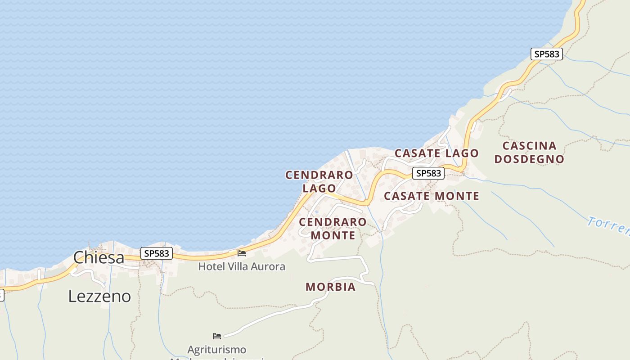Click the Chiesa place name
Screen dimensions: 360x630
[x=99, y=257]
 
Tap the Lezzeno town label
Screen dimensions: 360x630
[x=99, y=296]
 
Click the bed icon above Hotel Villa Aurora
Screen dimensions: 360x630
[x=242, y=253]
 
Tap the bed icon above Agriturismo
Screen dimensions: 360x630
[x=217, y=336]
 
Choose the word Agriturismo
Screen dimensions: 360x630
[x=216, y=350]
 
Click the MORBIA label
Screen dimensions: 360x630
[x=330, y=287]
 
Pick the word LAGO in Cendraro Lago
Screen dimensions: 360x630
[x=319, y=188]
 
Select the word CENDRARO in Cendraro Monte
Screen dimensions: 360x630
[x=333, y=222]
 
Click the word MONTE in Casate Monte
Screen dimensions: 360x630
[x=457, y=196]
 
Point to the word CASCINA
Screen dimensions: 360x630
[x=529, y=146]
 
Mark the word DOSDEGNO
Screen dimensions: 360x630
[x=529, y=159]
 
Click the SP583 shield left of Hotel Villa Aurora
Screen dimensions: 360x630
[x=157, y=253]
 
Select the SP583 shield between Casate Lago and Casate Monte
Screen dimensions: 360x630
[x=428, y=173]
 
